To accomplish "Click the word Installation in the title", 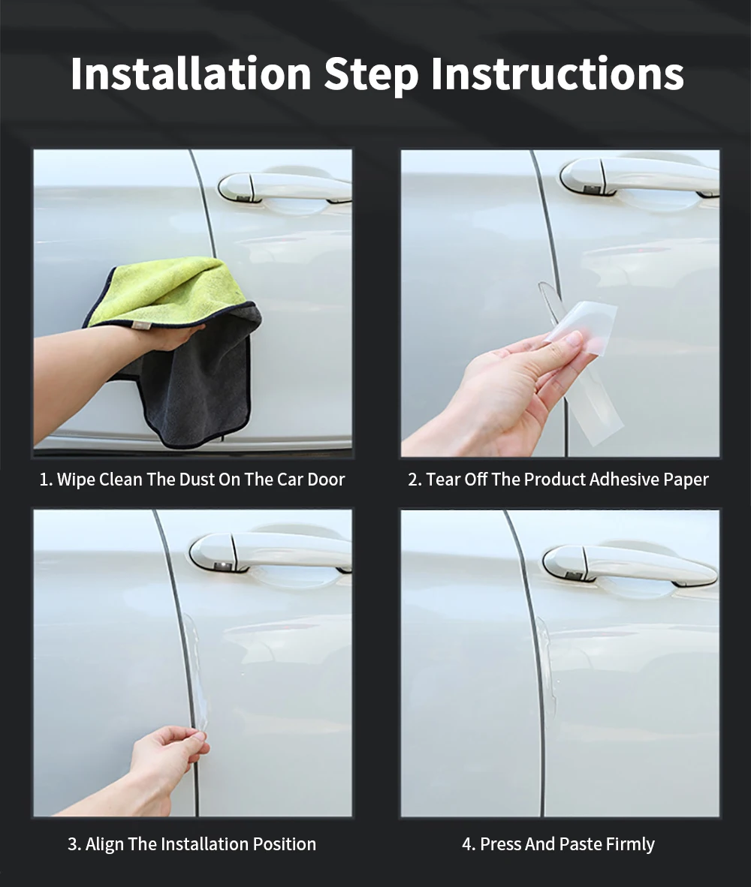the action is point(191,74).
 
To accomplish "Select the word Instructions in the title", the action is point(557,74).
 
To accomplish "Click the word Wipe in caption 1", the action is point(76,480).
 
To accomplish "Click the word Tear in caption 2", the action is point(443,480).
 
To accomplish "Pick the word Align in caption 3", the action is point(104,844).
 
